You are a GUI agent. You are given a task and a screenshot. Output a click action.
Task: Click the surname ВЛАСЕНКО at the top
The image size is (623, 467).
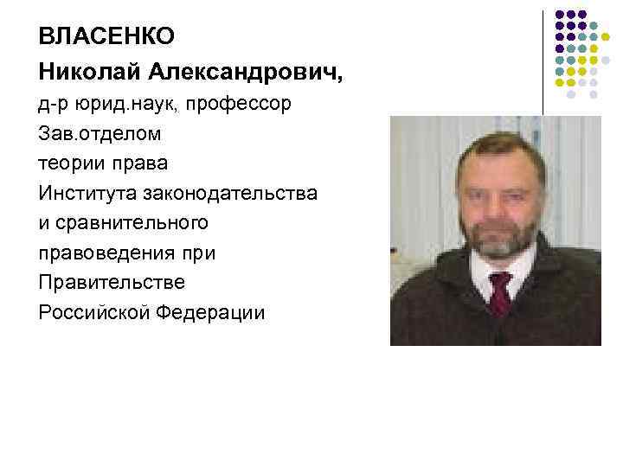(x=106, y=36)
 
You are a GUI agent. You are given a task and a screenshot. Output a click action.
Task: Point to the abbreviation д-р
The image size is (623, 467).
(x=53, y=104)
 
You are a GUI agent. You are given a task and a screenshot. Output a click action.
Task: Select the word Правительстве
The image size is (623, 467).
(x=111, y=282)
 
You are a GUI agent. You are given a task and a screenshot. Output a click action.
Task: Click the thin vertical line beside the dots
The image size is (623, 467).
(x=543, y=61)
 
